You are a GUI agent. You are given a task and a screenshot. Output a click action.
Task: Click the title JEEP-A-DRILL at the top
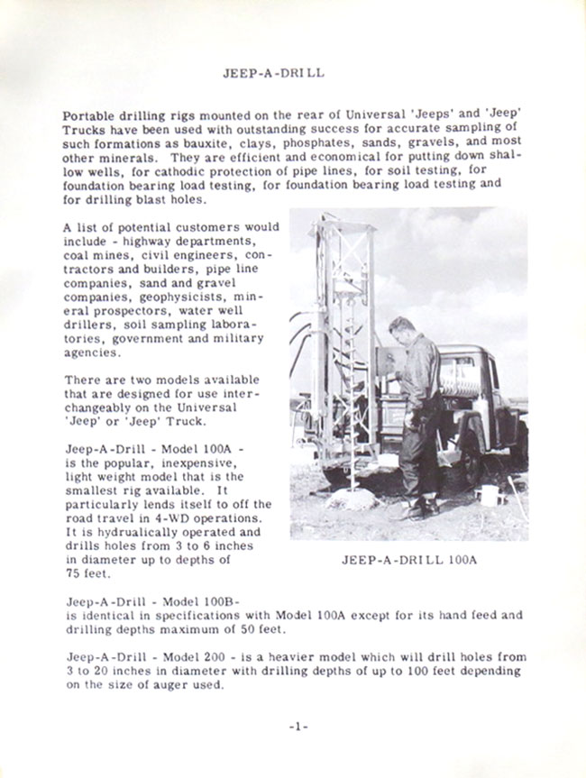(273, 73)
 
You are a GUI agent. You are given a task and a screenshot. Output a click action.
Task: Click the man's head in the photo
(401, 326)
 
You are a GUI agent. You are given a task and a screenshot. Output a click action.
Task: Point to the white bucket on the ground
(489, 495)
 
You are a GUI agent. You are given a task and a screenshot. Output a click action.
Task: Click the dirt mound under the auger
(351, 499)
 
